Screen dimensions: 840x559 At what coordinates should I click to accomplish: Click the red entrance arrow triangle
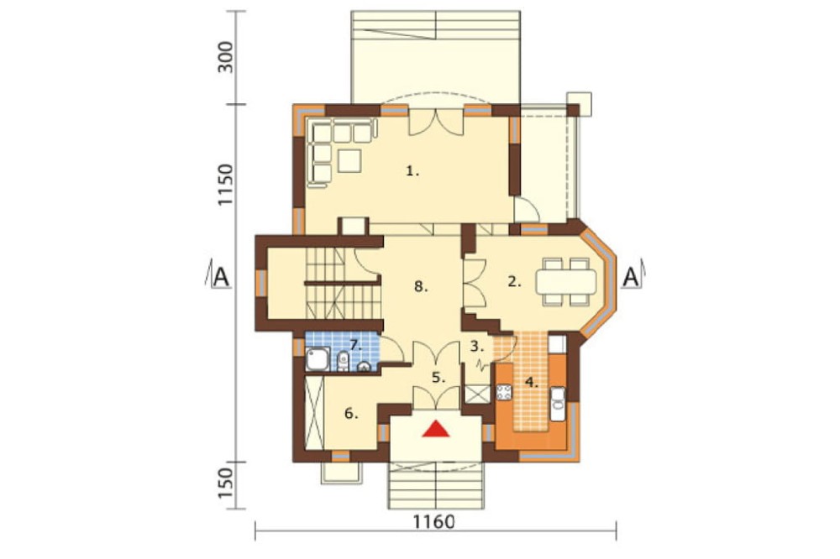pyautogui.click(x=435, y=430)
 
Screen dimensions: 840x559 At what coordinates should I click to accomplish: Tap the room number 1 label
pyautogui.click(x=412, y=171)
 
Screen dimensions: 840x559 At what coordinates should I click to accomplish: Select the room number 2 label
pyautogui.click(x=514, y=281)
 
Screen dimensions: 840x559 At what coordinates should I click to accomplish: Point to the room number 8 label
pyautogui.click(x=421, y=286)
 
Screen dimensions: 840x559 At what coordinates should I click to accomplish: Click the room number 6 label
pyautogui.click(x=351, y=413)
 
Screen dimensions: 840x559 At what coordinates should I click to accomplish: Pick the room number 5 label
pyautogui.click(x=438, y=378)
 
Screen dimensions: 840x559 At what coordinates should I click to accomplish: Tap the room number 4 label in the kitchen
pyautogui.click(x=531, y=382)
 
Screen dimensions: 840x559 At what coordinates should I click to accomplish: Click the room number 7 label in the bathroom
pyautogui.click(x=355, y=344)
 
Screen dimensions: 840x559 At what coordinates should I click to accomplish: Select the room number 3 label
pyautogui.click(x=477, y=346)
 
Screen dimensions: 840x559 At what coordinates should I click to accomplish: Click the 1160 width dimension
pyautogui.click(x=434, y=521)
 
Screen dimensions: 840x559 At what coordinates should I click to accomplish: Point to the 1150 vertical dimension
pyautogui.click(x=225, y=185)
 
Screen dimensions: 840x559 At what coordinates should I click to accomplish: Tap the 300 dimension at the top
pyautogui.click(x=225, y=57)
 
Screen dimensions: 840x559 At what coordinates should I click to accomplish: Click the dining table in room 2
pyautogui.click(x=566, y=281)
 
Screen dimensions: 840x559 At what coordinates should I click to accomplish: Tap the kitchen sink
pyautogui.click(x=559, y=404)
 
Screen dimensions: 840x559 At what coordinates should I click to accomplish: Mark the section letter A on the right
pyautogui.click(x=632, y=277)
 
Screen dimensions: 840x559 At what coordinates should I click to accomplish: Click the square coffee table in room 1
pyautogui.click(x=349, y=160)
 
